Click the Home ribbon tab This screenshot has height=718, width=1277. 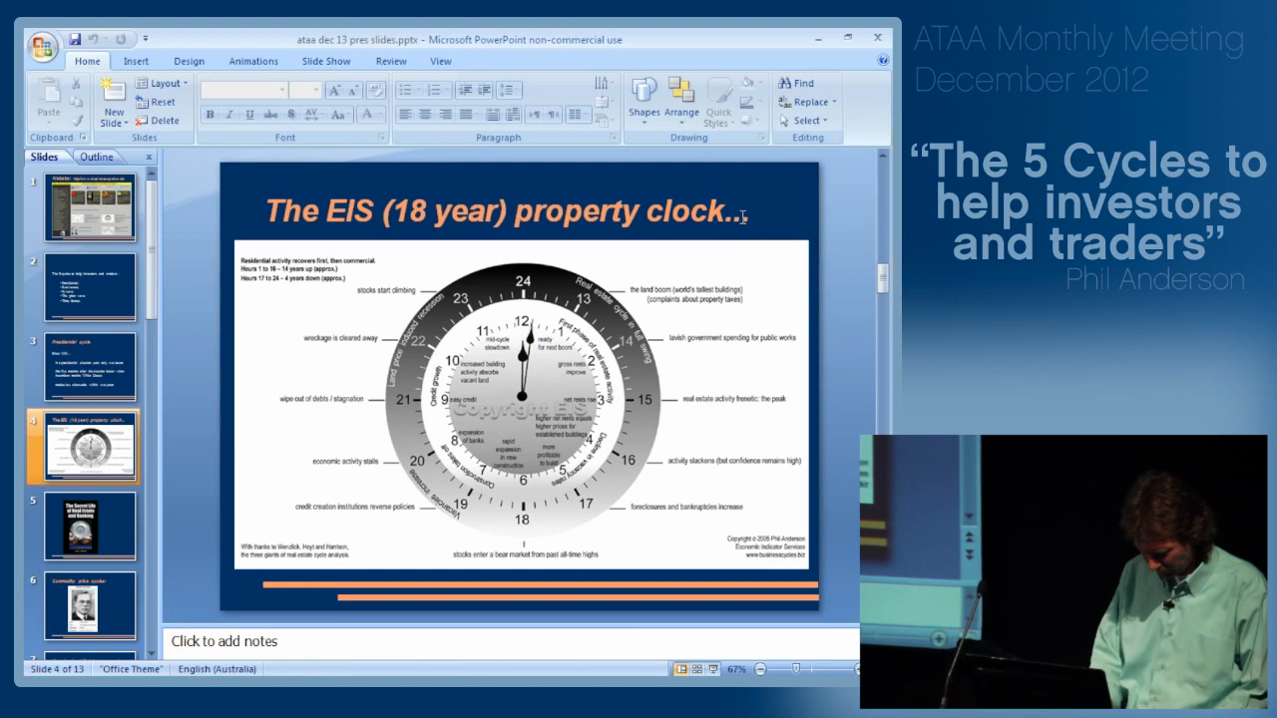(x=88, y=62)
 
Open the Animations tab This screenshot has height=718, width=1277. (x=253, y=62)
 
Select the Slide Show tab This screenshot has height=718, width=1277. (x=326, y=62)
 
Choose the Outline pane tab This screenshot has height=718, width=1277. (x=97, y=157)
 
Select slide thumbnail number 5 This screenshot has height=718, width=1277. (x=90, y=526)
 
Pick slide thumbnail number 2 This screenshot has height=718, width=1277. (x=90, y=287)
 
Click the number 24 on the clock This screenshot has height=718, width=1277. (x=523, y=281)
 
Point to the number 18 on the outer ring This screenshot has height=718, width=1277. (x=522, y=520)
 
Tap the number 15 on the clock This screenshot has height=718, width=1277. (x=644, y=400)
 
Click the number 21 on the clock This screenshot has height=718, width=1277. (x=403, y=400)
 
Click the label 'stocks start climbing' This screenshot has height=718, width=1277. (x=386, y=290)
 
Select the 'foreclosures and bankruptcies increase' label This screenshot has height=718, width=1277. (x=686, y=507)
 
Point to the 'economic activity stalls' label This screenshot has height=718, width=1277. (x=345, y=462)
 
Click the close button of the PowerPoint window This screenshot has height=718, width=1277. (x=878, y=38)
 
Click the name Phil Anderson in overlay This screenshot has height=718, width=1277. (x=1154, y=279)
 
